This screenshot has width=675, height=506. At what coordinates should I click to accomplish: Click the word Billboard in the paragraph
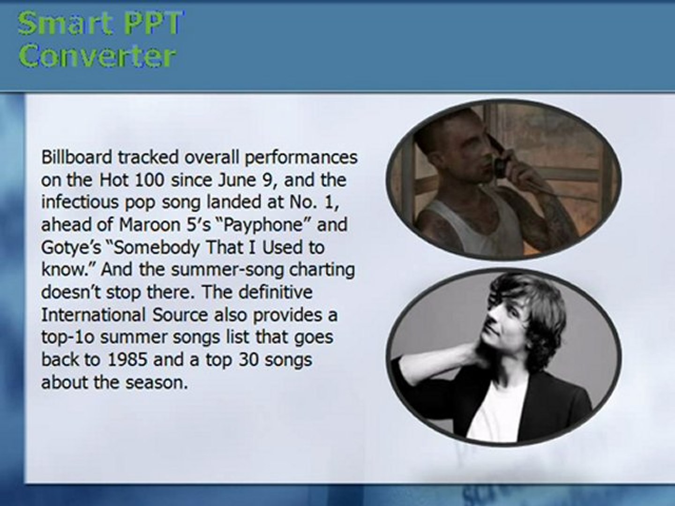76,157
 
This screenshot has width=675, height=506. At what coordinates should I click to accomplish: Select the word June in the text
237,180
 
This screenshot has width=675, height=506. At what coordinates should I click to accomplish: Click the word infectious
80,202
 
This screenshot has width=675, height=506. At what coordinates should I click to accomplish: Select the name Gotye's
71,248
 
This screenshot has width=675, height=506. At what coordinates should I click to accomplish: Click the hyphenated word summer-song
227,270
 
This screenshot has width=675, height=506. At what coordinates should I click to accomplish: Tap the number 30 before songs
248,359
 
